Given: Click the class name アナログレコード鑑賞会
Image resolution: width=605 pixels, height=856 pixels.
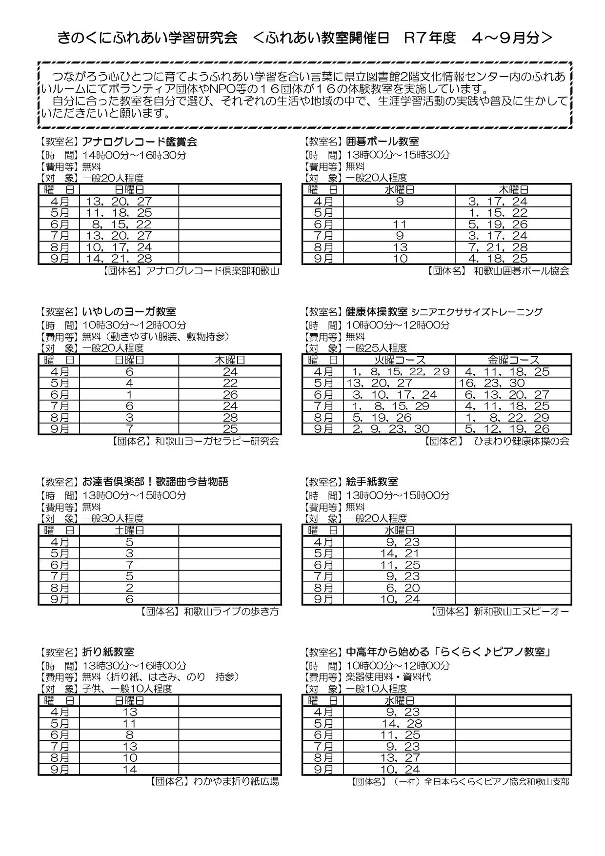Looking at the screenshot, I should [140, 142].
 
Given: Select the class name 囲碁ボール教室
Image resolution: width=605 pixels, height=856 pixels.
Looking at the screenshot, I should [382, 142].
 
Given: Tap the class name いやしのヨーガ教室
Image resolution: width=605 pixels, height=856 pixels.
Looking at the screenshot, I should [129, 312].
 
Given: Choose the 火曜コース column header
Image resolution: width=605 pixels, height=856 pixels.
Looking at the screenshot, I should [400, 360].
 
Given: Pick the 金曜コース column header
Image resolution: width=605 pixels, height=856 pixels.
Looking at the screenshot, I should [513, 360].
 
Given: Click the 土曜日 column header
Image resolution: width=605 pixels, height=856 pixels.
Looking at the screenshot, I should [129, 530].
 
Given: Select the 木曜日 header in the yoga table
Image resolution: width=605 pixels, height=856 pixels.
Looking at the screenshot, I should [230, 360].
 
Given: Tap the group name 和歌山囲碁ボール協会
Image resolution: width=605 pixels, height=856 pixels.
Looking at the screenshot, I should [521, 271].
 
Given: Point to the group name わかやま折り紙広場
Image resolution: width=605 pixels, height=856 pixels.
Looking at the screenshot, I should [236, 781].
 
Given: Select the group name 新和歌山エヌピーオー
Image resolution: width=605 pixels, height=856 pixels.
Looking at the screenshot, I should [521, 611].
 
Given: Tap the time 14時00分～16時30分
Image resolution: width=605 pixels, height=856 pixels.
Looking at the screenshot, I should [134, 155].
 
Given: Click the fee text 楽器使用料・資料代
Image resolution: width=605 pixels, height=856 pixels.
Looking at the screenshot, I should [388, 677].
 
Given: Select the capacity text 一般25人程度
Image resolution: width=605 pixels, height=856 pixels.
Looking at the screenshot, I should [376, 348].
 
